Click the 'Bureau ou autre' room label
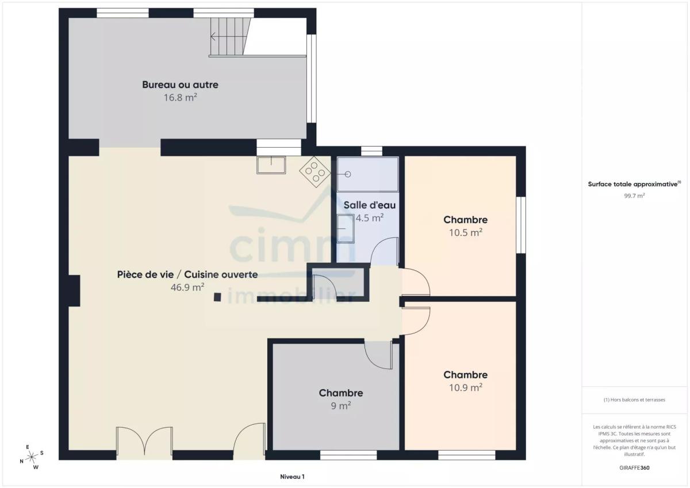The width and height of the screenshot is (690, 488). coord(180,84)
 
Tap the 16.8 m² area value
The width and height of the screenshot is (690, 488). coord(180,97)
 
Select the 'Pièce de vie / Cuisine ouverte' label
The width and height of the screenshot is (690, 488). coord(187,274)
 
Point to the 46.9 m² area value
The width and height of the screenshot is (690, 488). coord(187,287)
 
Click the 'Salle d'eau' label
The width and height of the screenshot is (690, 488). coord(369,205)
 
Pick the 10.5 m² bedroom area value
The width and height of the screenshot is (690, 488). coord(465,232)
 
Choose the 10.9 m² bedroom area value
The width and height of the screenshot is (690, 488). coord(465,387)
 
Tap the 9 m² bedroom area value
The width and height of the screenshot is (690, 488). coord(340,405)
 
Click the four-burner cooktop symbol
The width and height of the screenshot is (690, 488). coord(316,172)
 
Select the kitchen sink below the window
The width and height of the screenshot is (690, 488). coord(271,165)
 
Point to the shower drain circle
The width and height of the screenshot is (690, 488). coord(348,174)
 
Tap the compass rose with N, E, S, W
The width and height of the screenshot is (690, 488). coord(32,457)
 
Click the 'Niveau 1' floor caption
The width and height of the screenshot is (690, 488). coord(292,477)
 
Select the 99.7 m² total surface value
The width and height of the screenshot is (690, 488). coord(634,195)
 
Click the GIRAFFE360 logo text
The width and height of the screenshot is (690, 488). coord(634,468)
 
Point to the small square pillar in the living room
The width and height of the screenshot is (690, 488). coord(217,297)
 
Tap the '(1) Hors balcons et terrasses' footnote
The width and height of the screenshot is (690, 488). coord(634,399)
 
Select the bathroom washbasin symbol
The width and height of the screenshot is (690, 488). coord(346,229)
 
